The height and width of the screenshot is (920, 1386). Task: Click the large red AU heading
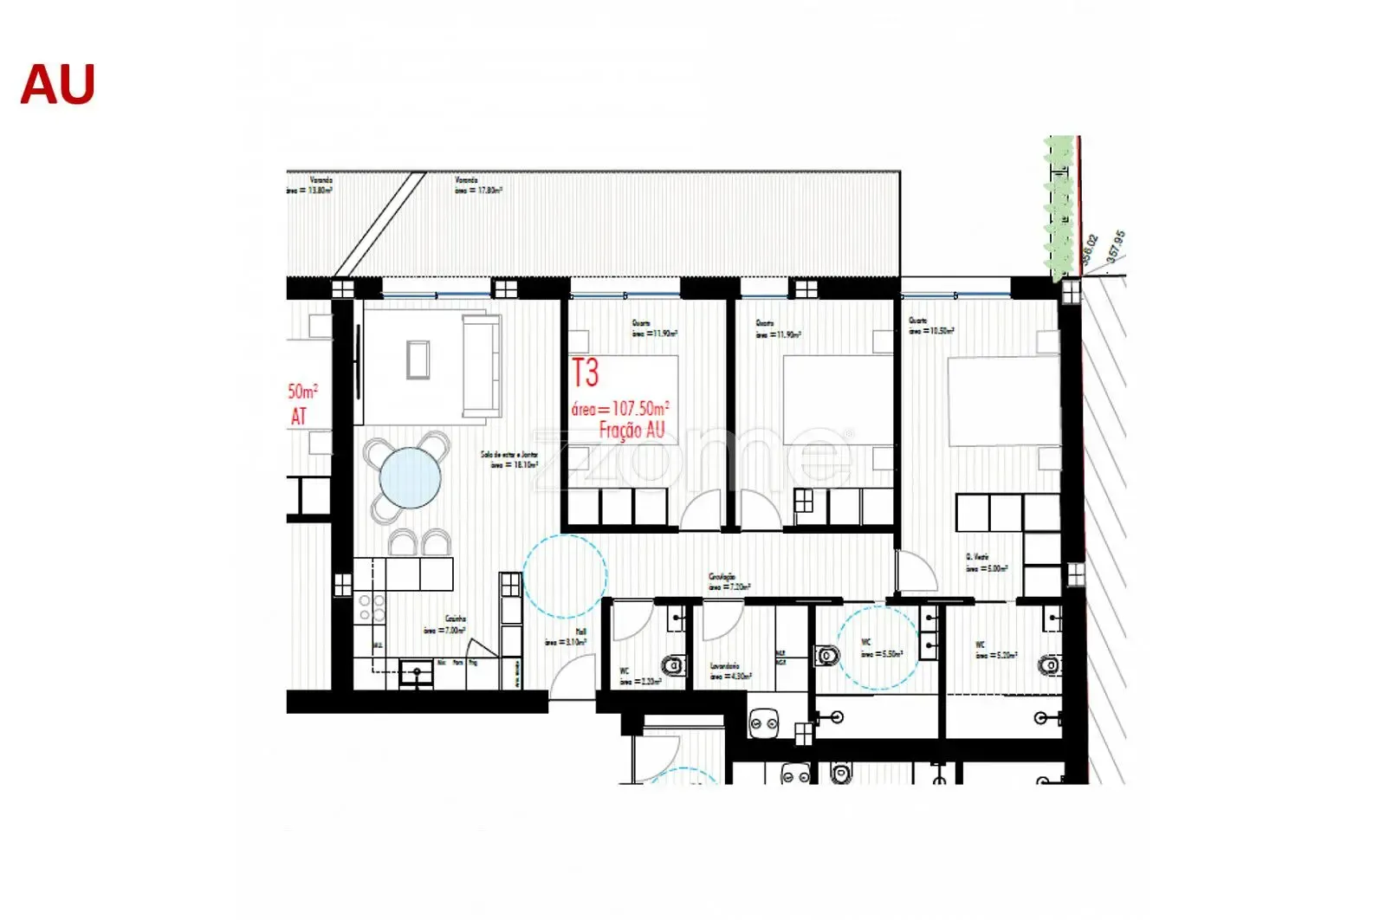(x=57, y=85)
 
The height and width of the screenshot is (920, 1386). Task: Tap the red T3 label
(x=586, y=373)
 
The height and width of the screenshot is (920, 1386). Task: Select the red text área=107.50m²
(x=620, y=408)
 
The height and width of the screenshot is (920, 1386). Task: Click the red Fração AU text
(x=631, y=430)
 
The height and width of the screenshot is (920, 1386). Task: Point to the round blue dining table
(x=410, y=477)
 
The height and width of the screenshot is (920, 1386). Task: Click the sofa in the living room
(x=482, y=366)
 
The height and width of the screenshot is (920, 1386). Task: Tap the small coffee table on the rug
(x=418, y=360)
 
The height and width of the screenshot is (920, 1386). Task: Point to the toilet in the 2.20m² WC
(x=673, y=665)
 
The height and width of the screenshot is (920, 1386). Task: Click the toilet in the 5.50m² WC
(x=827, y=655)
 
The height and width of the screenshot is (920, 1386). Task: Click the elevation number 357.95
(x=1115, y=246)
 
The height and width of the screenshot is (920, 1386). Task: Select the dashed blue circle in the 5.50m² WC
(x=878, y=647)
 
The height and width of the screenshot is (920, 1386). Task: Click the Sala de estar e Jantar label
(x=510, y=459)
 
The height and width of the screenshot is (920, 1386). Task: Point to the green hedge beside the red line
(x=1058, y=208)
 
